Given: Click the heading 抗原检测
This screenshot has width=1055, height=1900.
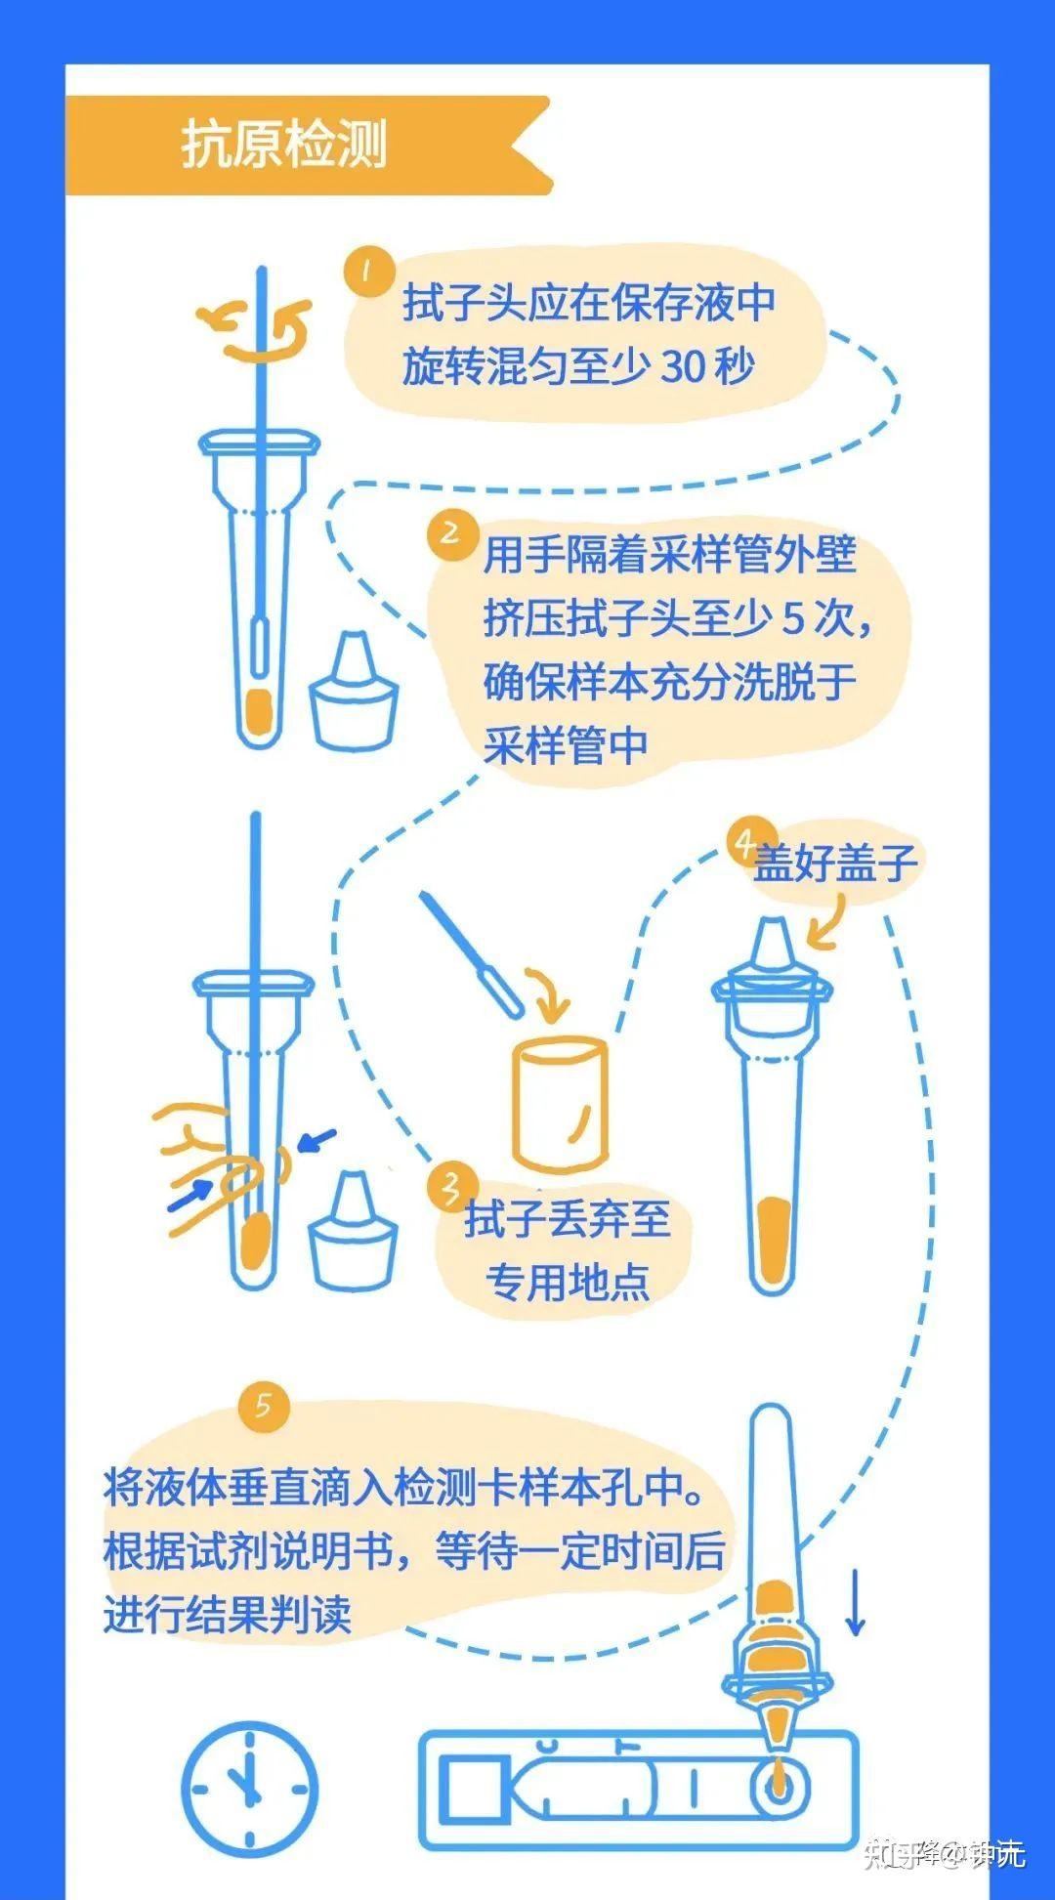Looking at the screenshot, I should (284, 146).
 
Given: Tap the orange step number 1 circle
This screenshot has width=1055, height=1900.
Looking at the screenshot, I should (368, 272).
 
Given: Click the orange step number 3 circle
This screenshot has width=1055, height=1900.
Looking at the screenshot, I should (450, 1188).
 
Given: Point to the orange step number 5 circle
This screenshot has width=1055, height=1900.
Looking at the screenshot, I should (264, 1406).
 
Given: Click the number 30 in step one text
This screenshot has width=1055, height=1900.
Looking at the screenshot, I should (683, 367).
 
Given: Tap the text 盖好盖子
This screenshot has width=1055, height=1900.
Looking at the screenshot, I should (833, 863).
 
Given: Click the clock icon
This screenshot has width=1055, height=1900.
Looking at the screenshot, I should (249, 1791).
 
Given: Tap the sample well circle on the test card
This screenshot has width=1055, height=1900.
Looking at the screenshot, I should (779, 1790).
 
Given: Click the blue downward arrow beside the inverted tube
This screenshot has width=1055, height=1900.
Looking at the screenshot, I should (855, 1602).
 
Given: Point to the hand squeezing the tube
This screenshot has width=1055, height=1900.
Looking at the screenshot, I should (210, 1162).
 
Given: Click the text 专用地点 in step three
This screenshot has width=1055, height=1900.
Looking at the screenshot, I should (567, 1282).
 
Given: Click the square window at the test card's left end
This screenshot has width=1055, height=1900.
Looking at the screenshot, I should (470, 1791).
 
